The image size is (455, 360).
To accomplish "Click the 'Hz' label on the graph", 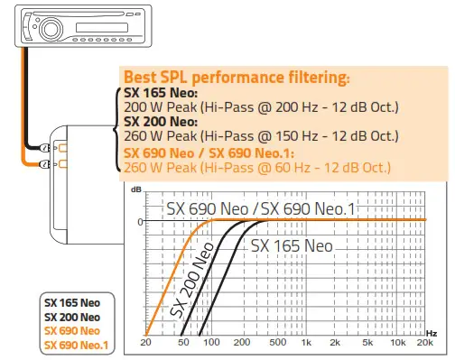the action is pos(432,334).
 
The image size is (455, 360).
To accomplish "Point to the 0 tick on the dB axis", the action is pos(140,221).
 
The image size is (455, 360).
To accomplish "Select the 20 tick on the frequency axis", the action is pos(147,345).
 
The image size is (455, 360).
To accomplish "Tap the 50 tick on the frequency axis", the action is pos(184,345).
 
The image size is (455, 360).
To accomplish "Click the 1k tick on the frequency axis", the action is pos(305,345).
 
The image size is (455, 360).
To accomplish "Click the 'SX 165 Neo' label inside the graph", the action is pos(292,245).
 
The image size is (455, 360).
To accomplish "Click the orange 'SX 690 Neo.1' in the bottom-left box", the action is pos(76,344).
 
